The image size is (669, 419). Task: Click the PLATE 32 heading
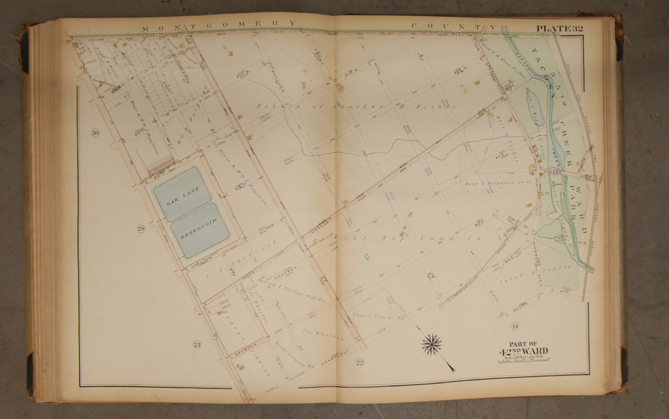[559, 28]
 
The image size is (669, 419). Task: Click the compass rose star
[431, 344]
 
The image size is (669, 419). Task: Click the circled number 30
[95, 133]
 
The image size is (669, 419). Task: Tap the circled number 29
[140, 228]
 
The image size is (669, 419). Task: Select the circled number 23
[196, 344]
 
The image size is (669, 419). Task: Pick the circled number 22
[359, 362]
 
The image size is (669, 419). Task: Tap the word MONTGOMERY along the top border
[218, 24]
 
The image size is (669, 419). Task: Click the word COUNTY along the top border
[451, 27]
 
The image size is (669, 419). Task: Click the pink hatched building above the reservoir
[161, 167]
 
